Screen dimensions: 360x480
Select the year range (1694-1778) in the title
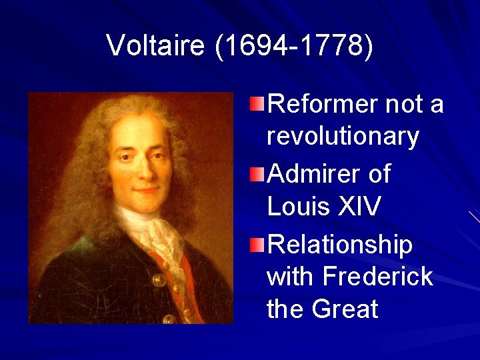294,45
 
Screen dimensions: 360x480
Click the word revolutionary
343,137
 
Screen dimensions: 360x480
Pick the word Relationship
339,245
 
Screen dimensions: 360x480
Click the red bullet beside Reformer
257,103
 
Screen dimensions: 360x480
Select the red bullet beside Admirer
257,175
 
